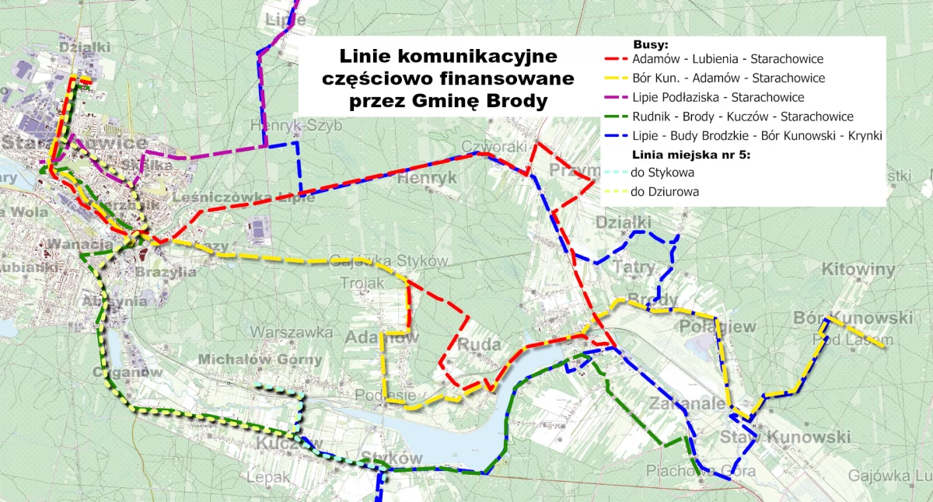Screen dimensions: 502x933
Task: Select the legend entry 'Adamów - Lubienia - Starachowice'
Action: [728, 59]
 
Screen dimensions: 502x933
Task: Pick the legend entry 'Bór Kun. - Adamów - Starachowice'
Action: [729, 78]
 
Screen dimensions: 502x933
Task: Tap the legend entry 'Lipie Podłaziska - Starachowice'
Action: [718, 98]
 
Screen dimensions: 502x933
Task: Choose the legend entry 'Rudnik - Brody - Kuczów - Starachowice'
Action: [743, 117]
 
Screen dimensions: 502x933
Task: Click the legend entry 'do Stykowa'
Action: [662, 173]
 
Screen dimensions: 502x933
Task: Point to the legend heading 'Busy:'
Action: [651, 44]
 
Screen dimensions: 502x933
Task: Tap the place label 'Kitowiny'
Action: [858, 270]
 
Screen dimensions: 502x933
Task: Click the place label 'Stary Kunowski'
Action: [785, 438]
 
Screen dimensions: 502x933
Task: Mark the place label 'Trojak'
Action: [362, 284]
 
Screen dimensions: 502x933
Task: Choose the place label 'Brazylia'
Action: [166, 273]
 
